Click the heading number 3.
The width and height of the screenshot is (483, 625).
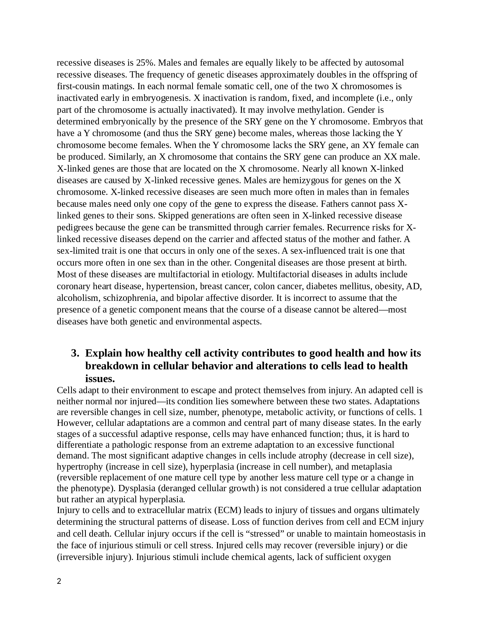[75, 353]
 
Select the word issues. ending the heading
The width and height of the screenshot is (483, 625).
[100, 379]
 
